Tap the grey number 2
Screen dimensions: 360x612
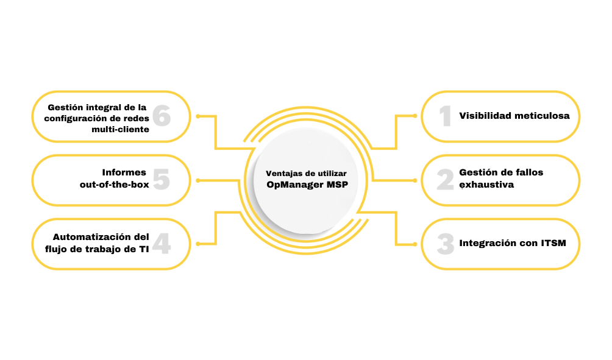coord(445,179)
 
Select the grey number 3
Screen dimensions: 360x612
coord(446,244)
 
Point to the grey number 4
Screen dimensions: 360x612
coord(162,244)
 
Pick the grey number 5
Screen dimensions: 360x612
coord(161,179)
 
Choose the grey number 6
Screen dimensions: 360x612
coord(161,116)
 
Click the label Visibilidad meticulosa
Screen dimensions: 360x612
coord(514,116)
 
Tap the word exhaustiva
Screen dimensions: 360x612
coord(486,184)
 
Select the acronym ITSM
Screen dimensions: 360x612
coord(553,244)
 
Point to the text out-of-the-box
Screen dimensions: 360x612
coord(114,184)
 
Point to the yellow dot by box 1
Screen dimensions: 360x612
coord(415,115)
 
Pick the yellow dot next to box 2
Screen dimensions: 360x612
coord(415,180)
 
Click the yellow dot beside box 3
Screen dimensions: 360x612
coord(415,244)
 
